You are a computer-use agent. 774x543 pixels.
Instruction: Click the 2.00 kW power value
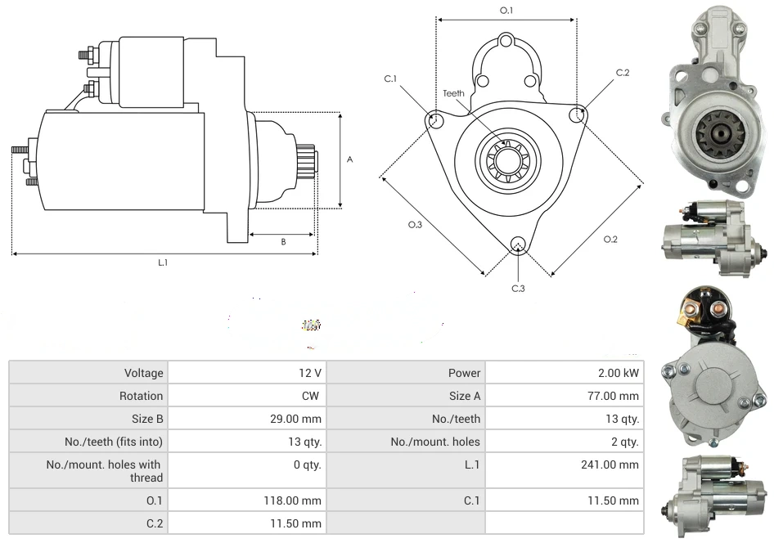pyautogui.click(x=619, y=373)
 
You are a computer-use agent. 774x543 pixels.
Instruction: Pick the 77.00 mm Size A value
pyautogui.click(x=617, y=396)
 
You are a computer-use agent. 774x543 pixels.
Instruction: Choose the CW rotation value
pyautogui.click(x=312, y=396)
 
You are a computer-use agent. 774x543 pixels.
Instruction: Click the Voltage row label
pyautogui.click(x=143, y=373)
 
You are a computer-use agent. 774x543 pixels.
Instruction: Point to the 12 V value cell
pyautogui.click(x=310, y=373)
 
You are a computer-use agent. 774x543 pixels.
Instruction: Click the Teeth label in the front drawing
pyautogui.click(x=453, y=93)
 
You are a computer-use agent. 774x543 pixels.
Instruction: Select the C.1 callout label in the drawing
pyautogui.click(x=390, y=79)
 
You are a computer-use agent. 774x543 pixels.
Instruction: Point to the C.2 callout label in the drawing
pyautogui.click(x=623, y=73)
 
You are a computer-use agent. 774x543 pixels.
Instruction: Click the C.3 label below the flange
pyautogui.click(x=518, y=288)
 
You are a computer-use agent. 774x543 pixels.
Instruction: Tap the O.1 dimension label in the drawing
pyautogui.click(x=506, y=11)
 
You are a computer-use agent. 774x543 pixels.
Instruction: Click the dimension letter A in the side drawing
pyautogui.click(x=349, y=159)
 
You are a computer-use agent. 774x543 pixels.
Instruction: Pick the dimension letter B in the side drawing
pyautogui.click(x=283, y=241)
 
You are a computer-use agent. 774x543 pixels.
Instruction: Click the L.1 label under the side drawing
pyautogui.click(x=163, y=263)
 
